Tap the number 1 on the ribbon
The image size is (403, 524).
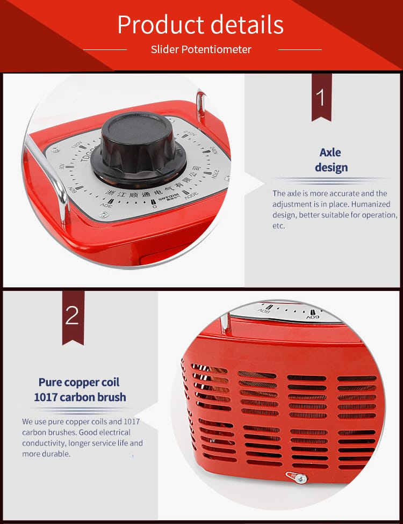click(x=321, y=98)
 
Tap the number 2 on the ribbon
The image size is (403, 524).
click(x=72, y=316)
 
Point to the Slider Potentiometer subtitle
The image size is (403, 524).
click(x=201, y=49)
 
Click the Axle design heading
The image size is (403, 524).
click(x=331, y=160)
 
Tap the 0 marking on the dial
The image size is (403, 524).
click(x=154, y=206)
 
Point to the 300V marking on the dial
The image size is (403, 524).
click(x=191, y=195)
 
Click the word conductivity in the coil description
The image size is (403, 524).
click(x=44, y=443)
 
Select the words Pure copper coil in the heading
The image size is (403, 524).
click(x=79, y=382)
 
